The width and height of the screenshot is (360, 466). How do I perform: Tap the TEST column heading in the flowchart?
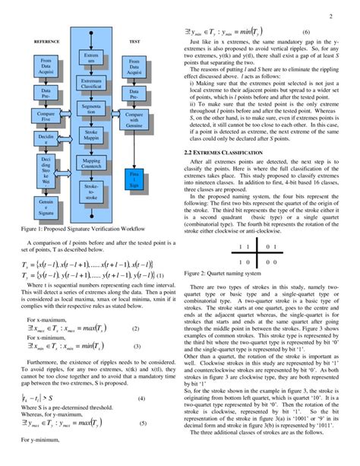click(134, 41)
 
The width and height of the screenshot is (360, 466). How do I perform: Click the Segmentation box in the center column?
click(91, 113)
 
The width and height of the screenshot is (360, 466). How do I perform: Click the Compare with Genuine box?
click(134, 118)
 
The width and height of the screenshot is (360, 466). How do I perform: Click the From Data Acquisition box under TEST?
click(134, 68)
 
